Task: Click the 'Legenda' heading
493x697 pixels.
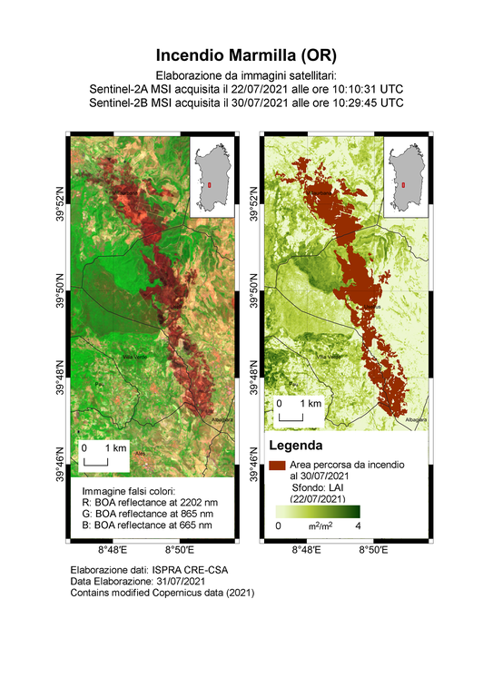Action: (x=297, y=447)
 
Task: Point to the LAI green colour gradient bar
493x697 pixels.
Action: (x=318, y=511)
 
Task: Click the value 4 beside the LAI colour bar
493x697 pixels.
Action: (x=358, y=525)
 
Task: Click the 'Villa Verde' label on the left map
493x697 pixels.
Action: (x=134, y=355)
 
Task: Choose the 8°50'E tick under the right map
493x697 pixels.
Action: (x=374, y=550)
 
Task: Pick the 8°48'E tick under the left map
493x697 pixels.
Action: (x=111, y=550)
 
